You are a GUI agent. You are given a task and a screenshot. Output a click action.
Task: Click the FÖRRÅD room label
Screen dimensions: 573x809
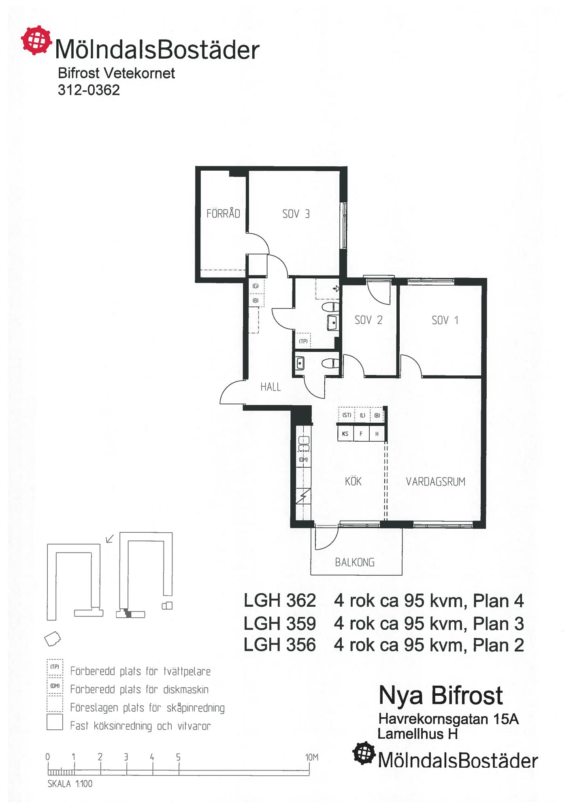pos(223,213)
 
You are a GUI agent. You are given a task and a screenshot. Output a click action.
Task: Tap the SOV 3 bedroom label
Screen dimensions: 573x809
pos(296,214)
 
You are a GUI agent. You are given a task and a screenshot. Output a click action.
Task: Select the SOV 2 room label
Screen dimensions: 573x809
pos(369,320)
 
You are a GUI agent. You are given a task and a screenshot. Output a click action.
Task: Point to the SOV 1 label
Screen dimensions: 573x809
pos(445,320)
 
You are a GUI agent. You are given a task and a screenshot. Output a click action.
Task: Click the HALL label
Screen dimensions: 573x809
pos(271,387)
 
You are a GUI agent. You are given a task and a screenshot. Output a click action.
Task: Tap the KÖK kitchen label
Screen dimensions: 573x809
pos(353,481)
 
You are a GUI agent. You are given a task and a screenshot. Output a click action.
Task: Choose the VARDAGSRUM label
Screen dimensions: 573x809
pos(436,482)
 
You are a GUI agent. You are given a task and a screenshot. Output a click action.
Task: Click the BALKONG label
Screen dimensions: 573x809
pos(355,562)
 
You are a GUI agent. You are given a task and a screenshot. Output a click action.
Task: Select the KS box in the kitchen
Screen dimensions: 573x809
pos(345,434)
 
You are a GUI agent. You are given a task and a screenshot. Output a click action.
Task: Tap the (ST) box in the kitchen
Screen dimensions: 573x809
pos(347,415)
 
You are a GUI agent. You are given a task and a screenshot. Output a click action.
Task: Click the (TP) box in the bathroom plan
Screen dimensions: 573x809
pos(303,341)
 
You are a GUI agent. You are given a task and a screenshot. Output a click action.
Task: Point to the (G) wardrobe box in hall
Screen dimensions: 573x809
pos(256,286)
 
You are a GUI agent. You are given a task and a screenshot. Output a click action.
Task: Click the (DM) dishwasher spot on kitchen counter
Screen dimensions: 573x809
pos(303,460)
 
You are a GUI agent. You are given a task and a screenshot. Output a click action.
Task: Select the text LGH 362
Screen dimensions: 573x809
pos(279,601)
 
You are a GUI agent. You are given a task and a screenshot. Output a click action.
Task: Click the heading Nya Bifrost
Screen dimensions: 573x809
pos(441,696)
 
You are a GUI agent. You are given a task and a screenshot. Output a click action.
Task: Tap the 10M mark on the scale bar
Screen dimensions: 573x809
pos(311,757)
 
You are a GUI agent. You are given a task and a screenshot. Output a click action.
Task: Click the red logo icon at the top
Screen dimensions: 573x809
pos(36,40)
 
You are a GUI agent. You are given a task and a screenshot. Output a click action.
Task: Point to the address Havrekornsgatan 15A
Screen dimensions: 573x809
pos(448,719)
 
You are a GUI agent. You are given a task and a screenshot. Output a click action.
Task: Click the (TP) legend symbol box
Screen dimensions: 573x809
pos(55,667)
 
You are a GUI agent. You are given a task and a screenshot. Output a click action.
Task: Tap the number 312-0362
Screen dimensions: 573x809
pos(89,90)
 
